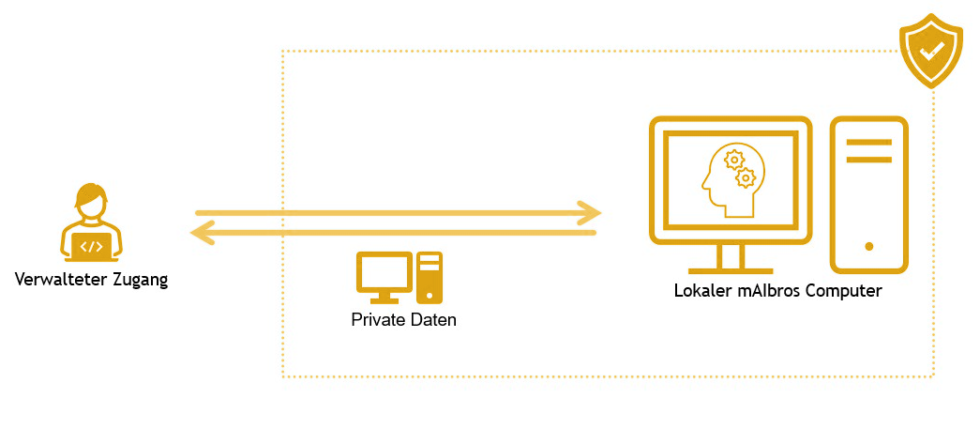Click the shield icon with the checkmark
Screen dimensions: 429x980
click(931, 52)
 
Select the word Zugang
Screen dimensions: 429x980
click(138, 280)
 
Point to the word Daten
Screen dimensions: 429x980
click(433, 320)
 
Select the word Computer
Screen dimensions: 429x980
click(847, 291)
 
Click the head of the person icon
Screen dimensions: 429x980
click(91, 203)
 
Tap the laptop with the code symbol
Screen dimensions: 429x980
click(91, 247)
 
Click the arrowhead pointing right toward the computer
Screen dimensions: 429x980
click(589, 213)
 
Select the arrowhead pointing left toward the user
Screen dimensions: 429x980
click(200, 232)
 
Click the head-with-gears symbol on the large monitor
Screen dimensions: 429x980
click(730, 178)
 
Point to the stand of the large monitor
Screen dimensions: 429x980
click(731, 259)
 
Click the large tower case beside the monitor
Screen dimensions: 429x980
click(868, 194)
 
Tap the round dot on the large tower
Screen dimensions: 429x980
click(869, 246)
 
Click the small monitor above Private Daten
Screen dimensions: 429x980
click(384, 273)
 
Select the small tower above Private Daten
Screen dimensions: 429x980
click(430, 277)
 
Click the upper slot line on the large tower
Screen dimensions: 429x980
click(868, 143)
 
